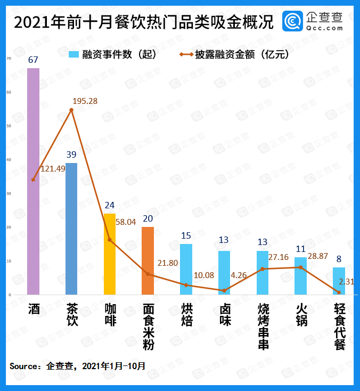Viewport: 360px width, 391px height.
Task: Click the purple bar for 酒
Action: click(33, 181)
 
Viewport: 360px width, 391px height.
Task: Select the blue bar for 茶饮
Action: click(71, 229)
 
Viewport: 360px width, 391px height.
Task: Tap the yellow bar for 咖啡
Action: click(109, 254)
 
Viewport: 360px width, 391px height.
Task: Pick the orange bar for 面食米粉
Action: click(148, 260)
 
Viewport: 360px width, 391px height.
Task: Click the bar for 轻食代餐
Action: click(339, 281)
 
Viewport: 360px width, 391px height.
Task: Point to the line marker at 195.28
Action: click(71, 110)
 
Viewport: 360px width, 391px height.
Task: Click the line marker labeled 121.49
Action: click(33, 180)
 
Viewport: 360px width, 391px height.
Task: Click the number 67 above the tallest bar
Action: click(33, 59)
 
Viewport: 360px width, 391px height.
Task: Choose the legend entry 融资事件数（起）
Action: click(112, 54)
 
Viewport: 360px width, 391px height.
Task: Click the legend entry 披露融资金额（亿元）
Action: click(234, 54)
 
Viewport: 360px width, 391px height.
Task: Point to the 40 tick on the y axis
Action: click(8, 160)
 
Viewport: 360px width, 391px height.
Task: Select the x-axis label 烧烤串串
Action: click(263, 327)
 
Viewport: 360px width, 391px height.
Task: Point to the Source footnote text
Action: click(77, 366)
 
